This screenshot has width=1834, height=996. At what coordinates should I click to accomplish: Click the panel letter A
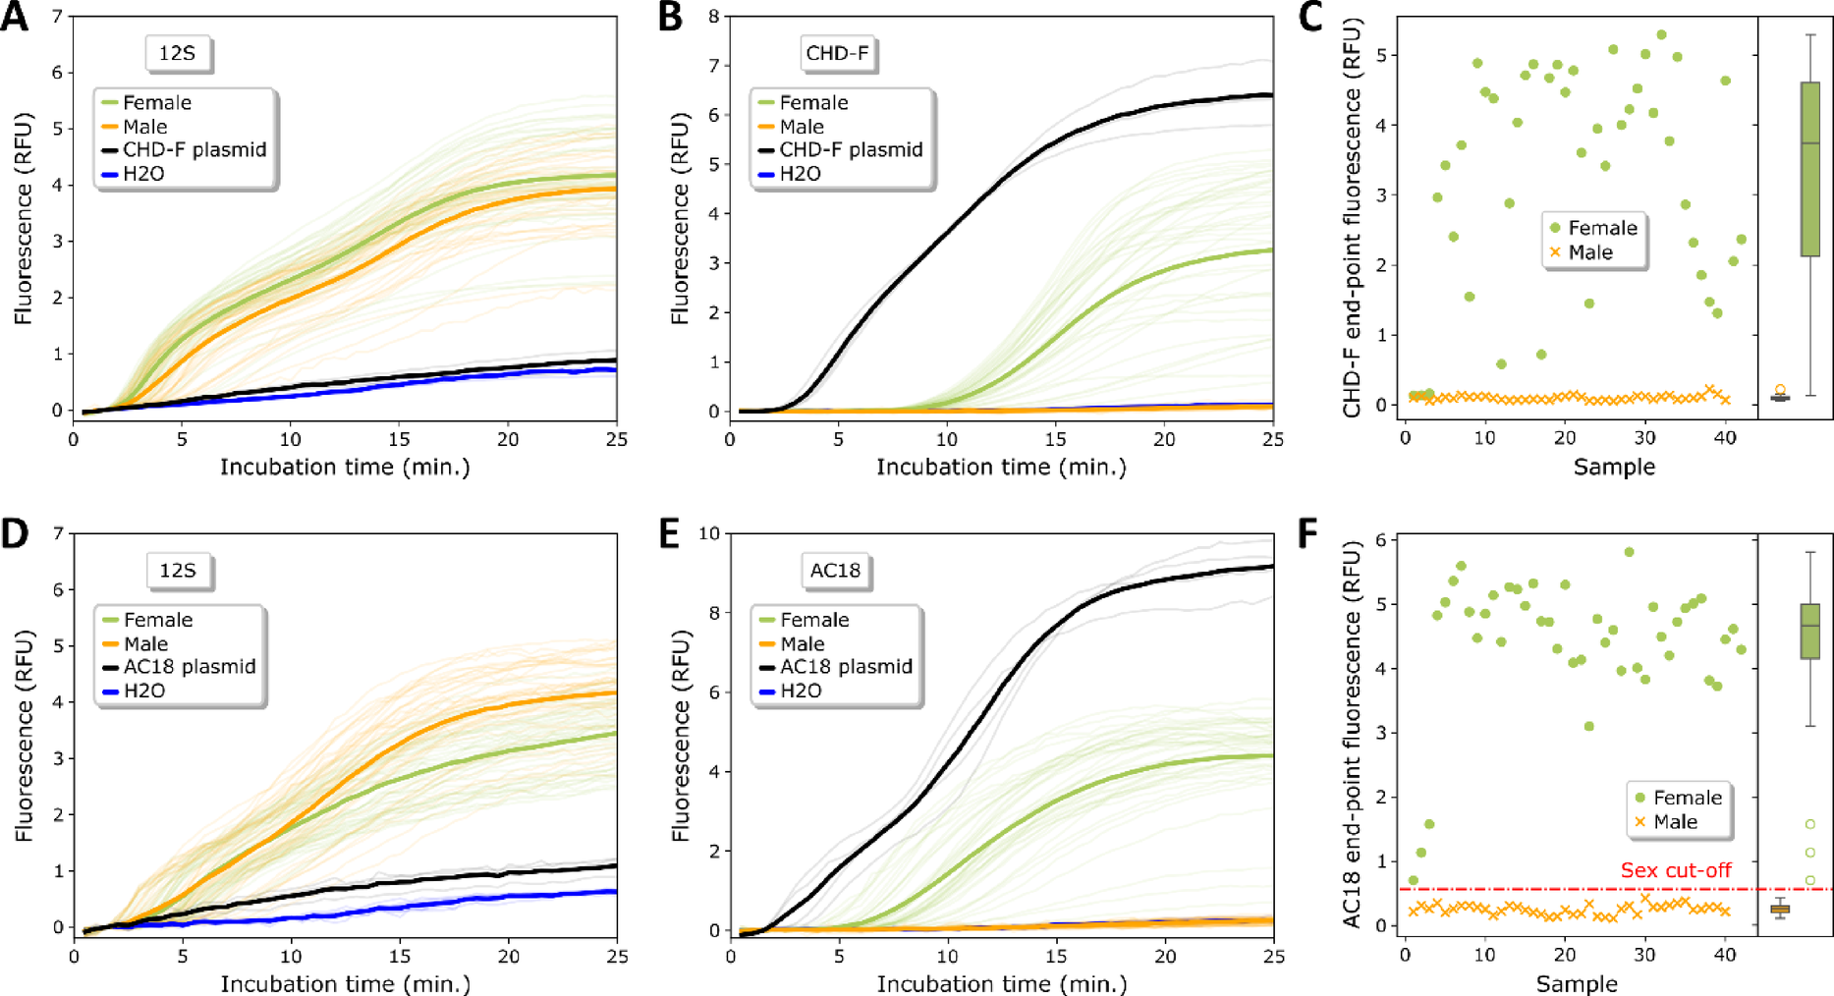point(14,17)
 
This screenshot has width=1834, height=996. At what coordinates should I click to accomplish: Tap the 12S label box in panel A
point(177,53)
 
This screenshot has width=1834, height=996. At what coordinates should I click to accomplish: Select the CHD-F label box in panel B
point(837,53)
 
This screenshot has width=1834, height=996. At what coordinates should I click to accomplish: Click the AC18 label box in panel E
point(835,571)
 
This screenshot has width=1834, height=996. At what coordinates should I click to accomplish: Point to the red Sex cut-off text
point(1676,870)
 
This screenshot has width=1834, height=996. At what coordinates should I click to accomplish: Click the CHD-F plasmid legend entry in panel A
point(194,150)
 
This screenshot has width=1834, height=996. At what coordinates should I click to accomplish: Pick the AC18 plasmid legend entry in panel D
point(190,667)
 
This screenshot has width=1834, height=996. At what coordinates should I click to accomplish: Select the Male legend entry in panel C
point(1589,252)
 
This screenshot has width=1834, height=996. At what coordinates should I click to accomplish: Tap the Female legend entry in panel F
point(1687,798)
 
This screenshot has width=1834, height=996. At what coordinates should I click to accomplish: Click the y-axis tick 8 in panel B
point(713,17)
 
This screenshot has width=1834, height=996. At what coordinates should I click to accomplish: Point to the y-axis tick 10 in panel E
point(708,533)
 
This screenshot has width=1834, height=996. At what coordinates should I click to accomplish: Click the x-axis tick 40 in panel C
point(1725,438)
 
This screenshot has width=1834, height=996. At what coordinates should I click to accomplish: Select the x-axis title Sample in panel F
point(1577,983)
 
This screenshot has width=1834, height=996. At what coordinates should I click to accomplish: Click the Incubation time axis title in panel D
point(345,983)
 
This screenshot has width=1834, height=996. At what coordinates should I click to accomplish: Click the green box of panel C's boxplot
point(1809,169)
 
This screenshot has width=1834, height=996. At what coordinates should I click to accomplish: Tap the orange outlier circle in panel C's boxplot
point(1780,390)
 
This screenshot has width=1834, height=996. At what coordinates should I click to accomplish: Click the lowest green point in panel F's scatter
point(1413,880)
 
